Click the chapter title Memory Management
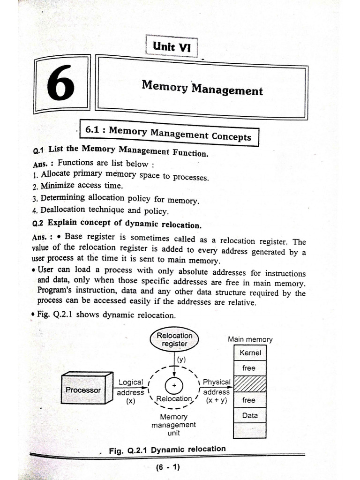tap(202, 87)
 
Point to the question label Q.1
tap(38, 150)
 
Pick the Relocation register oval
tap(174, 339)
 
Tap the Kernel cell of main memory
tap(250, 353)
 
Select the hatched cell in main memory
tap(250, 384)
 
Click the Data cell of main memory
tap(250, 415)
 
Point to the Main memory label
tap(250, 339)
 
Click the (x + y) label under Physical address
tap(216, 400)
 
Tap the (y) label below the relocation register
tap(182, 360)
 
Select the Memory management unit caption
tap(173, 425)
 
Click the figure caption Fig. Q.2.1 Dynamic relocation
tap(167, 450)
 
